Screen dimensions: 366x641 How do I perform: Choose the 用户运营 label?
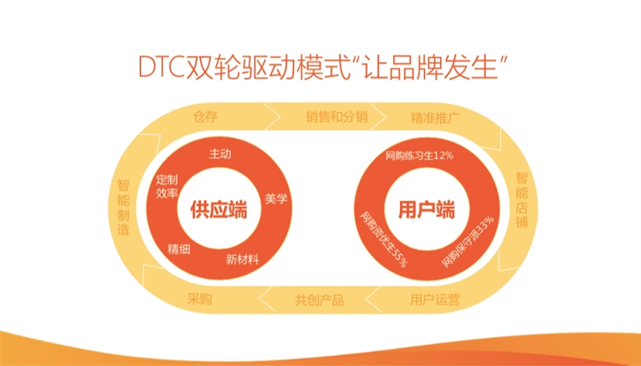[x=434, y=299]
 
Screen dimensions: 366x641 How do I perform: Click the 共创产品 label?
[x=319, y=299]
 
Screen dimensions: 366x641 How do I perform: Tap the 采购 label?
[x=199, y=299]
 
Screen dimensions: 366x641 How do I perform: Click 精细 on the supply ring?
[x=179, y=248]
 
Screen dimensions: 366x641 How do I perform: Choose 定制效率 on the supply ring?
[x=167, y=186]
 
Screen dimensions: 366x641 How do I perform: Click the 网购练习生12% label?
[x=419, y=156]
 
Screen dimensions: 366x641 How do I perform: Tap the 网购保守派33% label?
[x=468, y=240]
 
